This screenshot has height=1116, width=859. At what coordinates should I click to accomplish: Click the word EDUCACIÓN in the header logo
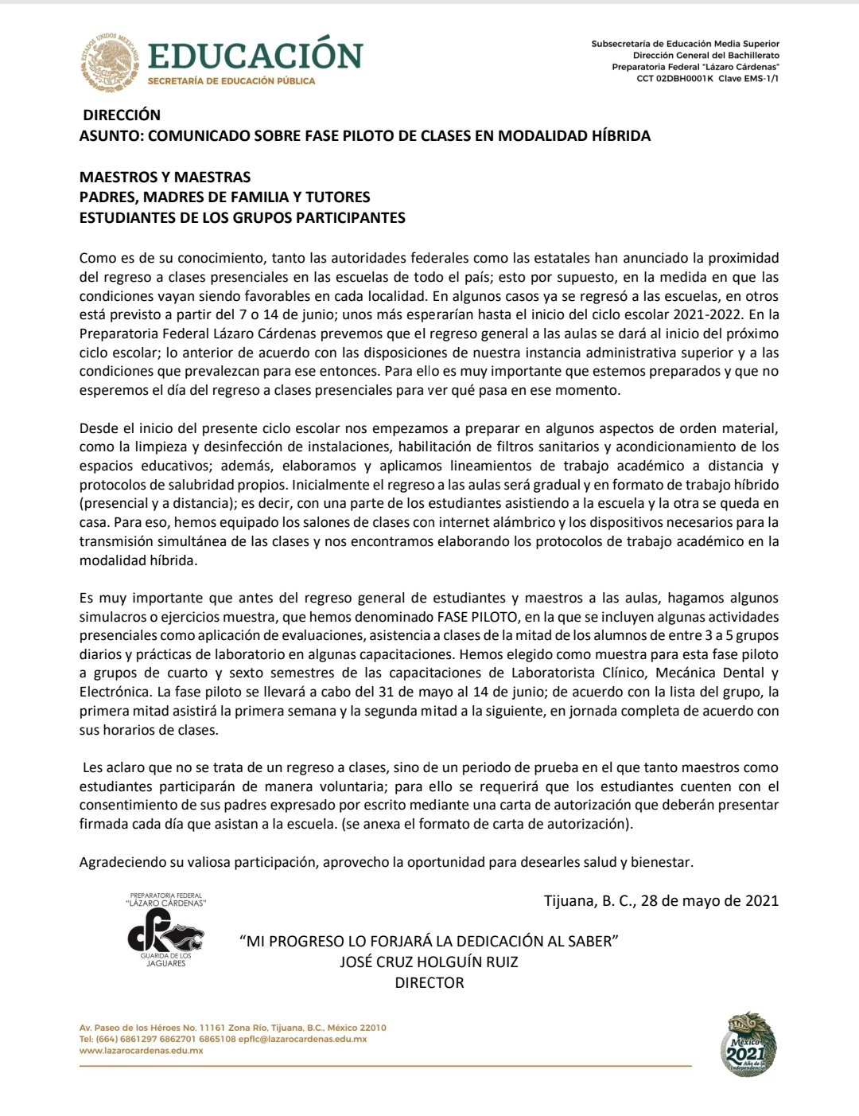(255, 55)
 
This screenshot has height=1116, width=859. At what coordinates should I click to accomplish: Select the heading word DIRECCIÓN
(122, 115)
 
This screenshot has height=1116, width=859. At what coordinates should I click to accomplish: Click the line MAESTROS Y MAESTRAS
(165, 177)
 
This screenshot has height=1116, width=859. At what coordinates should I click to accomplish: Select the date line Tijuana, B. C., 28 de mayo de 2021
(661, 900)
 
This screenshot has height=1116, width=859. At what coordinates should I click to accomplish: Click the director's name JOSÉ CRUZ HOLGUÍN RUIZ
(429, 962)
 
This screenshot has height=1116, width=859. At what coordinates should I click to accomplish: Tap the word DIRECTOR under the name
(429, 982)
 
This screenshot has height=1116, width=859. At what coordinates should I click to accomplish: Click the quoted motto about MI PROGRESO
(429, 941)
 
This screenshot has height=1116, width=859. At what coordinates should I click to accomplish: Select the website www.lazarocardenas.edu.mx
(142, 1051)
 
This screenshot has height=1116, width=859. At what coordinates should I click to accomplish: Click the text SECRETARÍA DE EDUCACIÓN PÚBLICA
(231, 80)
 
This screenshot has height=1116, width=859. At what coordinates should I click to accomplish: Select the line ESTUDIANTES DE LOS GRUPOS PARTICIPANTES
(242, 217)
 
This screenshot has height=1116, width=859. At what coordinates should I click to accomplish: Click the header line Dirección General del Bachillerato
(705, 55)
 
